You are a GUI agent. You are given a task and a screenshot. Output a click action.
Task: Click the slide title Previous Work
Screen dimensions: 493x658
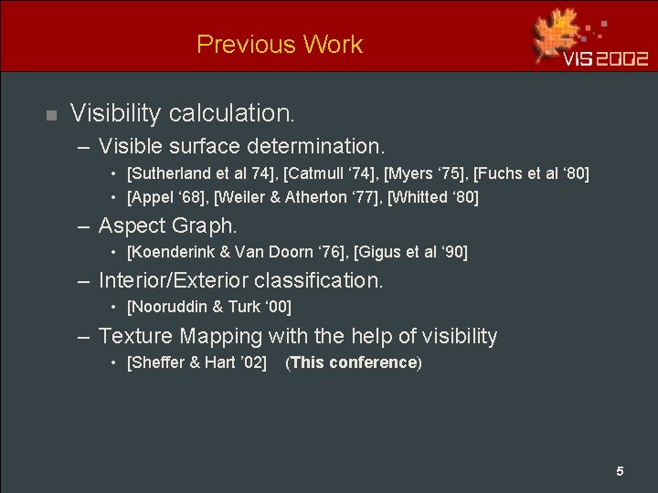click(280, 44)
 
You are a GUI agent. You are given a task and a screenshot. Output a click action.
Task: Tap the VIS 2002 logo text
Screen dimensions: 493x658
click(605, 58)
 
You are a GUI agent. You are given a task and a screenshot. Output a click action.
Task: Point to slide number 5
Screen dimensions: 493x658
click(620, 471)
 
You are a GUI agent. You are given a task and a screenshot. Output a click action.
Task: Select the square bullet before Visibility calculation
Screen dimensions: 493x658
click(51, 115)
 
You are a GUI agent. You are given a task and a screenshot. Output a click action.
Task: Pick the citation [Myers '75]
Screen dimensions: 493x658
click(422, 173)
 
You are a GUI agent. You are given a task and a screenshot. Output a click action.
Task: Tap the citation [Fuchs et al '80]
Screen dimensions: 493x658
click(531, 173)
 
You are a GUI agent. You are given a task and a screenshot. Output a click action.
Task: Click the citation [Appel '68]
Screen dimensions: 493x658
click(166, 197)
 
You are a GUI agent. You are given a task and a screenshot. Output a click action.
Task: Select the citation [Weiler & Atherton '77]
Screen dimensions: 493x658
click(297, 197)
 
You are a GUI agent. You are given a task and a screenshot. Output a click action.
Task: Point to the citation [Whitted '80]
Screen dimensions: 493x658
click(433, 197)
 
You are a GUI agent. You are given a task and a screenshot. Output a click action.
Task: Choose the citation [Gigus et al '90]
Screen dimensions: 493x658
click(410, 252)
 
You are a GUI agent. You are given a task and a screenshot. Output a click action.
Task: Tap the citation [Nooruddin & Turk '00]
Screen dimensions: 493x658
click(209, 307)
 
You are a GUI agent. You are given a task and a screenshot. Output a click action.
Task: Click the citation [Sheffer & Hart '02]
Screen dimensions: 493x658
click(197, 362)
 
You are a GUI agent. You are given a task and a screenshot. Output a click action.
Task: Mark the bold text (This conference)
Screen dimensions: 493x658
click(354, 362)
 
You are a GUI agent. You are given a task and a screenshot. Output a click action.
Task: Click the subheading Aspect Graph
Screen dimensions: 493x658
click(167, 226)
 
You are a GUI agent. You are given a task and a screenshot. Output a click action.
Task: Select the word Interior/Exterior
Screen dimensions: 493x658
click(173, 280)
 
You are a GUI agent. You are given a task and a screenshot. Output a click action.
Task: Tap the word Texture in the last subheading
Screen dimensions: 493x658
click(135, 336)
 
